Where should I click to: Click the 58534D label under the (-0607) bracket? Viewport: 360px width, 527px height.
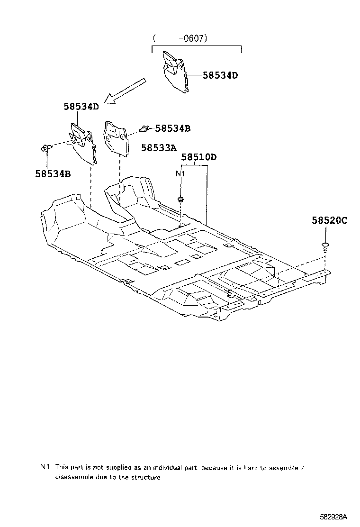[220, 75]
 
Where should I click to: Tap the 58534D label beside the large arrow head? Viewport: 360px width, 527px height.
[81, 107]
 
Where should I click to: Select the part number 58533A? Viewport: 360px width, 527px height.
[159, 148]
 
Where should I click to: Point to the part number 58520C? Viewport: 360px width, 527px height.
[329, 220]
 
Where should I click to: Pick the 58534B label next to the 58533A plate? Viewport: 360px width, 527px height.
[173, 128]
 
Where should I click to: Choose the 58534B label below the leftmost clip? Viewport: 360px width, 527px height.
[53, 173]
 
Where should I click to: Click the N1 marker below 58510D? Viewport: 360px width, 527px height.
[180, 173]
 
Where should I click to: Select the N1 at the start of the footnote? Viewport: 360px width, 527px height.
[45, 467]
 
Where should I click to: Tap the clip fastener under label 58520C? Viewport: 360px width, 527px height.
[325, 245]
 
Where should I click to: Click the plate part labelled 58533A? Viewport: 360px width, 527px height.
[116, 137]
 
